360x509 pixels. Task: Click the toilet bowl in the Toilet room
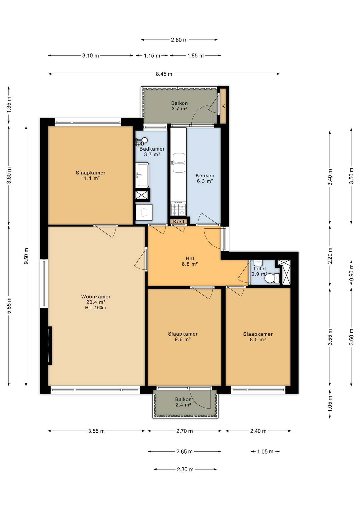272,278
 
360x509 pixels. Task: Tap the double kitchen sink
179,163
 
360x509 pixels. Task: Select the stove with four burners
178,209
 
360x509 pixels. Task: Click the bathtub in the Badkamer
142,175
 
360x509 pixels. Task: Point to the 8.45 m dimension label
164,74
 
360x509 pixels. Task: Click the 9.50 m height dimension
26,256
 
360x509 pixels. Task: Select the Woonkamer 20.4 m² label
96,299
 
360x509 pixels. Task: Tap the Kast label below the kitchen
179,222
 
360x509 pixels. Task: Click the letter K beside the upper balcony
223,106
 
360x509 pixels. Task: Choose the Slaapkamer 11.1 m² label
91,175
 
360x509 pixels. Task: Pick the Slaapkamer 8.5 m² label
258,337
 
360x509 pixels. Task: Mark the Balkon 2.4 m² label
183,402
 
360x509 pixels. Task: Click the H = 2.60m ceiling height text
95,308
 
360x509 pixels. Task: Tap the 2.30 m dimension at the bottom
185,469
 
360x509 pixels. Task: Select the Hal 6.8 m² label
190,261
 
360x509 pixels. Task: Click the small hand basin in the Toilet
258,263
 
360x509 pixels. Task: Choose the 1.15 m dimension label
152,56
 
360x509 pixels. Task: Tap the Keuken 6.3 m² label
205,178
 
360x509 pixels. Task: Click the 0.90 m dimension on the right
352,273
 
